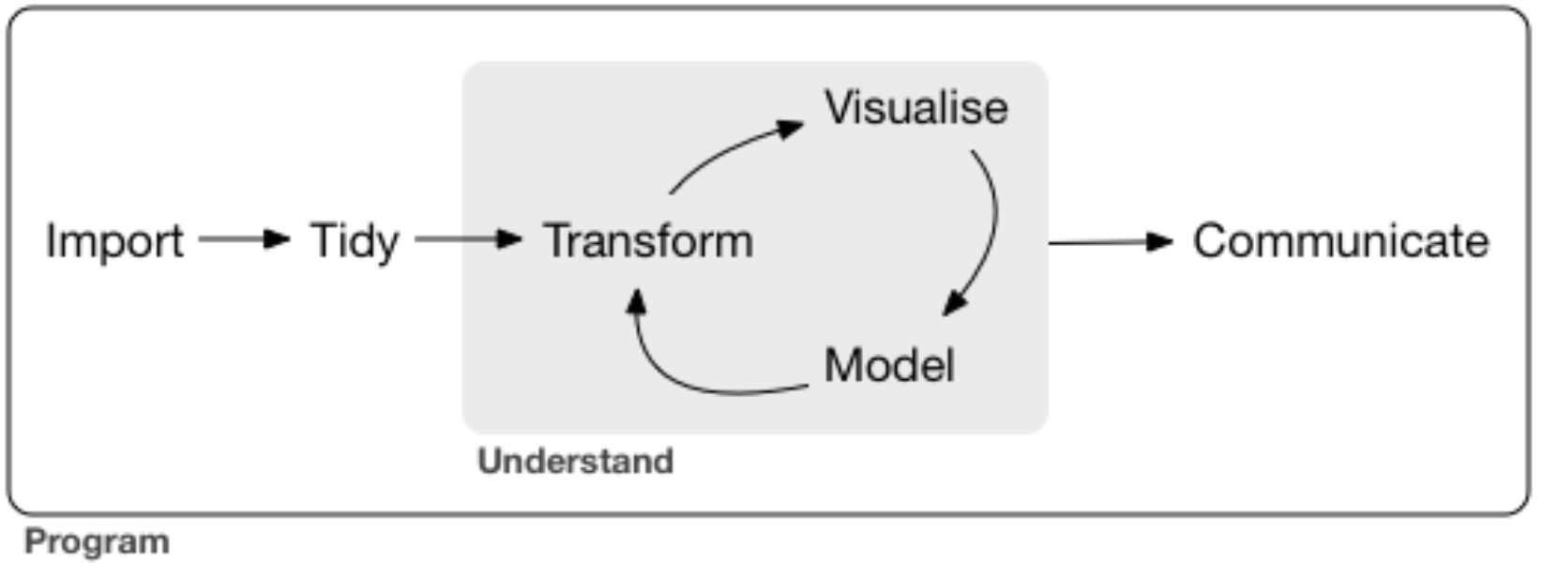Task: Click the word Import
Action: (x=114, y=242)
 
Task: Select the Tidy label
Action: (x=355, y=242)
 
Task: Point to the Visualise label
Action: (x=916, y=108)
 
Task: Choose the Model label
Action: (x=889, y=365)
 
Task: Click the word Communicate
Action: (x=1340, y=241)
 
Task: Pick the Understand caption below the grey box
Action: (x=576, y=462)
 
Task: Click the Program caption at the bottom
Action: (x=97, y=542)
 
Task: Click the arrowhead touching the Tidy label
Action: (x=278, y=239)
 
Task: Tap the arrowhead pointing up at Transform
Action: (x=637, y=302)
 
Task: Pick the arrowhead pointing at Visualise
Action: (x=790, y=128)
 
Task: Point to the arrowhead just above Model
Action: (x=955, y=303)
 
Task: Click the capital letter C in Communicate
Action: (x=1209, y=241)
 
